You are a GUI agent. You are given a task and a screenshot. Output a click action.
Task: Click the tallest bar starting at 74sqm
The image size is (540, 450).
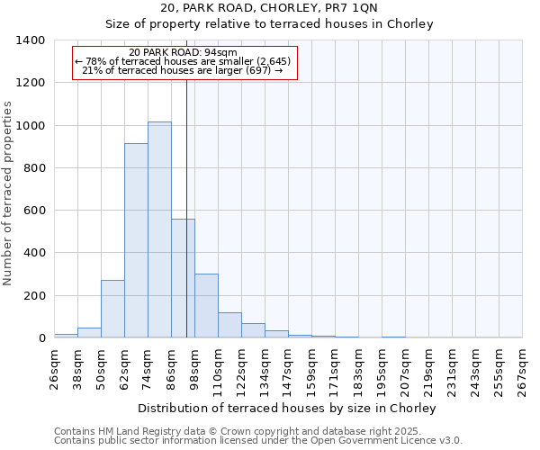(x=159, y=229)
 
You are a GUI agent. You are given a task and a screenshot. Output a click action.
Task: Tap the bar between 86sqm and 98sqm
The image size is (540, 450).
(x=183, y=278)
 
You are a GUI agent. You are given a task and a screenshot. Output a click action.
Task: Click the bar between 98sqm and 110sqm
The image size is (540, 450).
(x=206, y=306)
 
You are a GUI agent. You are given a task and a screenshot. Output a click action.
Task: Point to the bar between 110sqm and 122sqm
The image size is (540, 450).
(x=229, y=325)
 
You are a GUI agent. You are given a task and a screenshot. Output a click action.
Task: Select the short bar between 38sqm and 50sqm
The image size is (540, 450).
(x=89, y=332)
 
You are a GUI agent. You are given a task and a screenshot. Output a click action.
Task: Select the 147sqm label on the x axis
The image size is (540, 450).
(x=289, y=369)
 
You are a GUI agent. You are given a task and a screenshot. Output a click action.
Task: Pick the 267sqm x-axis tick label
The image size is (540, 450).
(x=523, y=369)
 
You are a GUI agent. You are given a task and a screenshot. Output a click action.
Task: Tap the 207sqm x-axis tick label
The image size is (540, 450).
(x=406, y=369)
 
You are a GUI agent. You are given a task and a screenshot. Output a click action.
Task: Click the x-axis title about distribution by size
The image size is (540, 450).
(x=289, y=408)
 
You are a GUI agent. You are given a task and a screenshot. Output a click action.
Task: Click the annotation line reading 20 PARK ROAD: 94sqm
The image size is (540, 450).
(x=183, y=52)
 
